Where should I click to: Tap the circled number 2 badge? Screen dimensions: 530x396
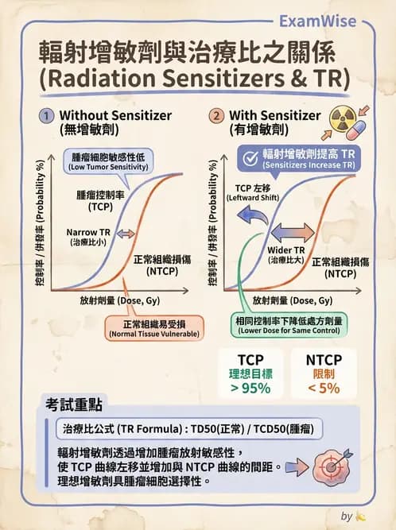pos(216,115)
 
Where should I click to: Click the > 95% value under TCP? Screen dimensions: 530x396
pos(250,388)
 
